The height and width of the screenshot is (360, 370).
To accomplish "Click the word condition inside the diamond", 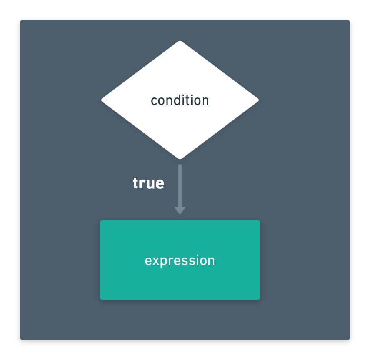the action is pyautogui.click(x=180, y=100).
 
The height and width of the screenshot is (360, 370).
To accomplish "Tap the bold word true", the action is pyautogui.click(x=148, y=183).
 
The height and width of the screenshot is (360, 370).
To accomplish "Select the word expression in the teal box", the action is pyautogui.click(x=180, y=261).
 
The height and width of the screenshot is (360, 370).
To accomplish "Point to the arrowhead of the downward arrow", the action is pyautogui.click(x=180, y=210).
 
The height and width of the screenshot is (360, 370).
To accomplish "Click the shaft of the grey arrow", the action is pyautogui.click(x=180, y=186).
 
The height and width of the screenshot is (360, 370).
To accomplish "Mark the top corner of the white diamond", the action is pyautogui.click(x=180, y=41).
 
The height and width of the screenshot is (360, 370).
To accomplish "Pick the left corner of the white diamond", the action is pyautogui.click(x=102, y=100).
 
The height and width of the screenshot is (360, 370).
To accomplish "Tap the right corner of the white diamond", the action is pyautogui.click(x=259, y=100).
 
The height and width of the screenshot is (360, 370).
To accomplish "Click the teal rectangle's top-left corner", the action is pyautogui.click(x=100, y=220).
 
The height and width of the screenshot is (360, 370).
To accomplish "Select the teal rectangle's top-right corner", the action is pyautogui.click(x=260, y=220).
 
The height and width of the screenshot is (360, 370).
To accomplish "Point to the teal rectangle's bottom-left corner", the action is pyautogui.click(x=100, y=300).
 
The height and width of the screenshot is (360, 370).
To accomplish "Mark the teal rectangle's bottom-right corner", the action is pyautogui.click(x=260, y=300).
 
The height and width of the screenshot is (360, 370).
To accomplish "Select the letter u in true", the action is pyautogui.click(x=151, y=184).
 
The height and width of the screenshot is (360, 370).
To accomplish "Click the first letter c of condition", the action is pyautogui.click(x=154, y=101).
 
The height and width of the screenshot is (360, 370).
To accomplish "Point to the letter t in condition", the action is pyautogui.click(x=190, y=101).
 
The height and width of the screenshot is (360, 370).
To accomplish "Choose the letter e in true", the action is pyautogui.click(x=160, y=184).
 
